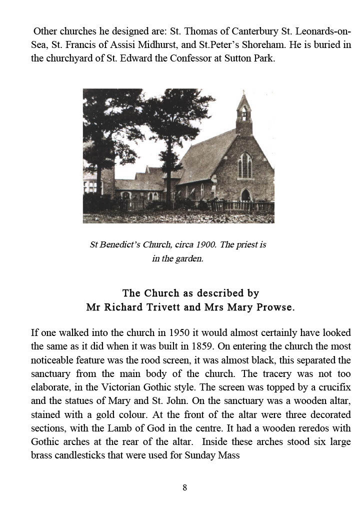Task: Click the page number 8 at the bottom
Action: tap(184, 487)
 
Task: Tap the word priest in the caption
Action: tap(245, 245)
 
